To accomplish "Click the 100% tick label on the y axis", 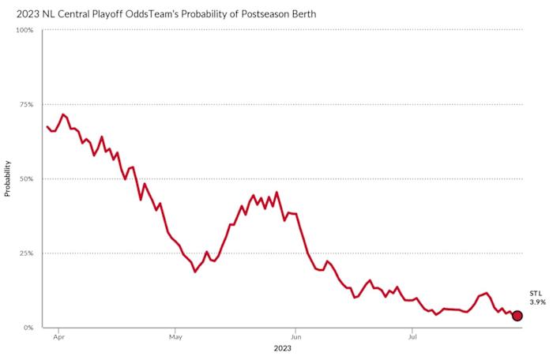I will pos(24,30).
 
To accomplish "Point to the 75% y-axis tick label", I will pos(25,104).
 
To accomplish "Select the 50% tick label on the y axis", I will pos(25,179).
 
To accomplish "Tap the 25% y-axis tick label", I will pos(25,253).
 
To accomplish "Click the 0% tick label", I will pos(28,328).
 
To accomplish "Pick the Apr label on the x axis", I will pos(58,336).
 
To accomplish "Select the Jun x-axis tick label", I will pos(295,336).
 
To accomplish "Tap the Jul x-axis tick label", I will pos(411,336).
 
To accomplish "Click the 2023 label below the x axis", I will pos(283,347).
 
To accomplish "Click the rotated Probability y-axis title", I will pos(7,178).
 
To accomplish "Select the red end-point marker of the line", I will pos(517,316).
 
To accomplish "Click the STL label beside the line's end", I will pos(536,294).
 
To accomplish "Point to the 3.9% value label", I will pos(536,302).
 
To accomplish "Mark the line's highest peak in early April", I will pos(62,114).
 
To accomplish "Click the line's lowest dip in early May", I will pos(195,272).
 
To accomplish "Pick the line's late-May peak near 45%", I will pos(276,192).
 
